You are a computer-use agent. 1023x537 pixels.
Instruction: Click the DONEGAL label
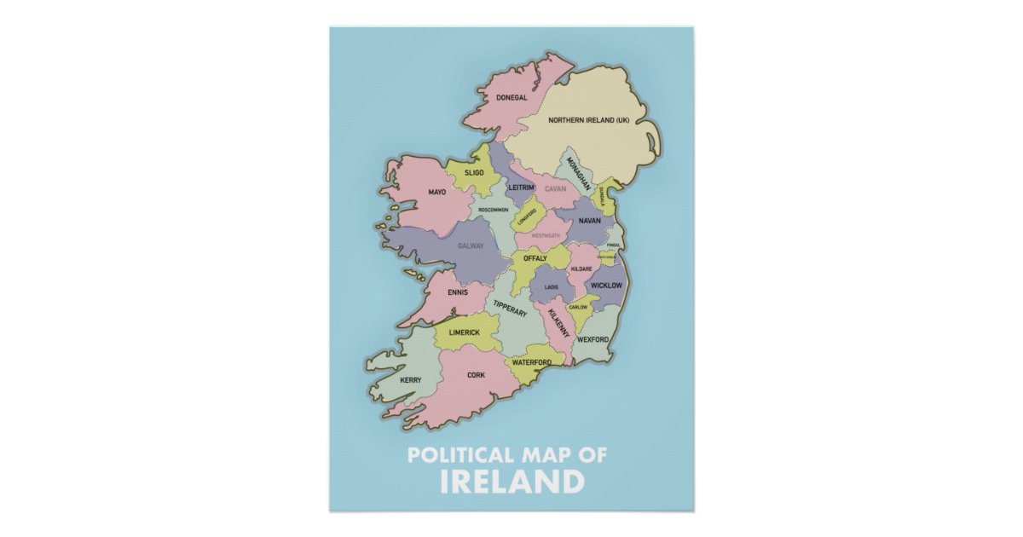pyautogui.click(x=511, y=98)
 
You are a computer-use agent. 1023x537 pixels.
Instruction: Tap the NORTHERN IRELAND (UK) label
pyautogui.click(x=588, y=120)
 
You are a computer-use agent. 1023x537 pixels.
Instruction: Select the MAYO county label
pyautogui.click(x=437, y=192)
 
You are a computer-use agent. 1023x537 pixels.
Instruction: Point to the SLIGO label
pyautogui.click(x=474, y=173)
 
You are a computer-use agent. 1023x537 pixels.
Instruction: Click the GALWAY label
pyautogui.click(x=471, y=246)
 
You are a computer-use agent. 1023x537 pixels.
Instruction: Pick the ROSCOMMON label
pyautogui.click(x=494, y=210)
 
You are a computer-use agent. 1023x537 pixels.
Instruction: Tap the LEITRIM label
pyautogui.click(x=521, y=187)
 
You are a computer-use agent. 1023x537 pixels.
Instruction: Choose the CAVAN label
pyautogui.click(x=556, y=188)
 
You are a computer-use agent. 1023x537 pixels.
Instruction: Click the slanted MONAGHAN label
pyautogui.click(x=579, y=173)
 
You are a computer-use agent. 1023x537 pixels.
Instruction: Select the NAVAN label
pyautogui.click(x=589, y=221)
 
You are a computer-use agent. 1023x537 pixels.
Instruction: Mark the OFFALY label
pyautogui.click(x=535, y=258)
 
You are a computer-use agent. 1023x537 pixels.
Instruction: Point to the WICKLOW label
pyautogui.click(x=606, y=285)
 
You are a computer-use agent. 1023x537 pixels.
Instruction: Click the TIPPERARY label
pyautogui.click(x=511, y=309)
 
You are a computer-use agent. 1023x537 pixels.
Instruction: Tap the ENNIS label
pyautogui.click(x=458, y=292)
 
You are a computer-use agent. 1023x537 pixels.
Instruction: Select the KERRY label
pyautogui.click(x=411, y=380)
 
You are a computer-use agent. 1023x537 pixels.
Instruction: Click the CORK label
pyautogui.click(x=476, y=375)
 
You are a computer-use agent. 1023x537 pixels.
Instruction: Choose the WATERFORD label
pyautogui.click(x=531, y=362)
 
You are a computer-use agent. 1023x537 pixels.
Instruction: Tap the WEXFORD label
pyautogui.click(x=592, y=339)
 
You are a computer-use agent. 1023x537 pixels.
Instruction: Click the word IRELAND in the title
pyautogui.click(x=511, y=482)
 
